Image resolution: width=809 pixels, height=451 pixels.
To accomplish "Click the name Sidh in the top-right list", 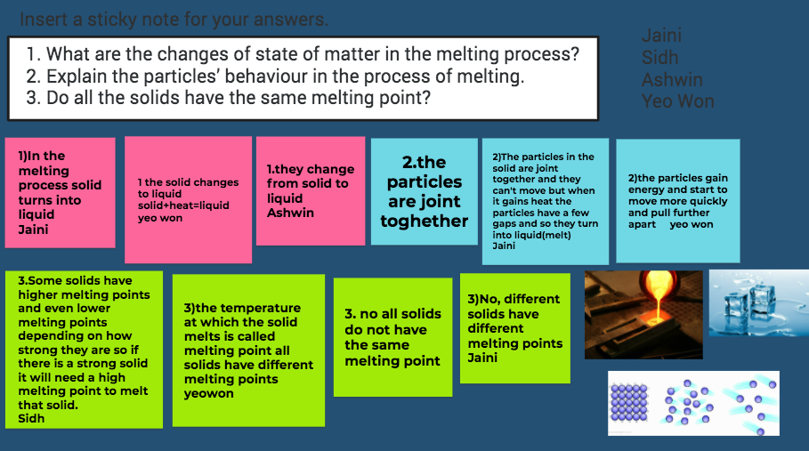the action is pos(659,57).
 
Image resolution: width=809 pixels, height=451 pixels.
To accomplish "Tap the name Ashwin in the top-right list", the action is pos(672,79).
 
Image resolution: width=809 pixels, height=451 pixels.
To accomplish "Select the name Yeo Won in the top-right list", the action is pos(678,101).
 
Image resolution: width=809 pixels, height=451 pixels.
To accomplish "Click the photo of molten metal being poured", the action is pos(643,314).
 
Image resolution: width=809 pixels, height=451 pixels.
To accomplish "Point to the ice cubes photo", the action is pos(759,303).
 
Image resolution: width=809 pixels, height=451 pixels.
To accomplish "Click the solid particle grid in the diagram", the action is pos(629,403).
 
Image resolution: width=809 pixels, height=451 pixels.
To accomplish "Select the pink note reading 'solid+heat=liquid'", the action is pos(189,199).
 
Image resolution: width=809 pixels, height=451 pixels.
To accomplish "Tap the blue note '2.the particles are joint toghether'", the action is pos(425,191).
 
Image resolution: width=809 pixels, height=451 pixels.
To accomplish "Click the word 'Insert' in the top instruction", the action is pos(44,20).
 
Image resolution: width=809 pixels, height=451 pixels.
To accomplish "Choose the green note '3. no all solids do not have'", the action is pos(393,337).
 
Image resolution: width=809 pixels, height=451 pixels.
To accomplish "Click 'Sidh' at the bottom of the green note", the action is pos(31,418).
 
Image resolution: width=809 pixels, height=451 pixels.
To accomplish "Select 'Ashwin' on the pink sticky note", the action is pos(290,213).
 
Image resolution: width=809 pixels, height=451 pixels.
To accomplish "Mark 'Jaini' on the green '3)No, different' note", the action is pos(482,358).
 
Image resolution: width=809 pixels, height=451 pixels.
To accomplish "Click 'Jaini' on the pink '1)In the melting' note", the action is pos(34,230).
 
